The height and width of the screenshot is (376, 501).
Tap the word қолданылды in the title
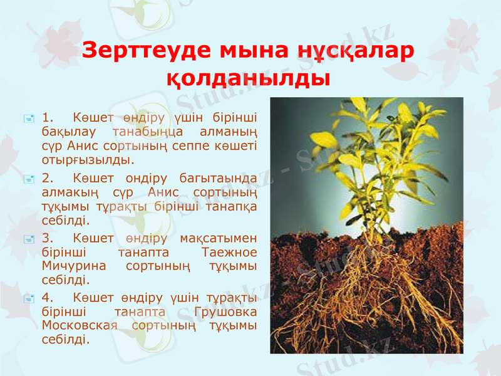[249, 78]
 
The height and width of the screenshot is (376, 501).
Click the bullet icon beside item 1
[28, 118]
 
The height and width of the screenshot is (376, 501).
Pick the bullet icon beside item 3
[28, 239]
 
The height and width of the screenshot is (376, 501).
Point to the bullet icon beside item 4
[28, 298]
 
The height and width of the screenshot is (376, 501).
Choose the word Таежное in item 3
[230, 253]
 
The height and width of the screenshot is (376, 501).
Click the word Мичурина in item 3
[71, 266]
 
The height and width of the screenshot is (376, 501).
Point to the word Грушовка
[225, 312]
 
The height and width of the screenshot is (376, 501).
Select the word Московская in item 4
[80, 326]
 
